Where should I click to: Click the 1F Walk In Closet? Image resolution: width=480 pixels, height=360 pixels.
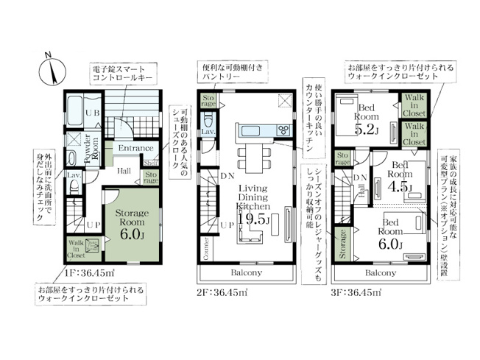77,249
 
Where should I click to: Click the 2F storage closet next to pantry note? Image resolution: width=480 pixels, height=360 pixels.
208,102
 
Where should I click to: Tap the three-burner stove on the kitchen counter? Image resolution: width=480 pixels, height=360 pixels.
282,131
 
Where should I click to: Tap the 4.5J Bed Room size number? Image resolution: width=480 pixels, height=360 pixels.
403,186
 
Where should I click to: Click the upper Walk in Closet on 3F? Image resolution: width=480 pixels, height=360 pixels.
413,105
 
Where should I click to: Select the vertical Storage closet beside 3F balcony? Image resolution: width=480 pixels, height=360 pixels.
341,245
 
